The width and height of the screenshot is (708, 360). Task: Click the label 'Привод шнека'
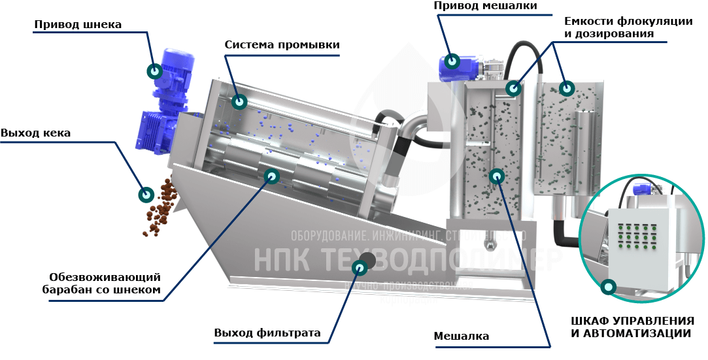pos(78,25)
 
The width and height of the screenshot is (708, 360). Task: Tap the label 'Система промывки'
pos(282,45)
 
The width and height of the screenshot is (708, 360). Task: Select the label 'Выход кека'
pos(35,133)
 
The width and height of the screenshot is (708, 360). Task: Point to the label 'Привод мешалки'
pos(486,6)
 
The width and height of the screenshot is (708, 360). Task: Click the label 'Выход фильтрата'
pos(267,333)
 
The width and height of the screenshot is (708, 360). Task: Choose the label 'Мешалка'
pos(462,336)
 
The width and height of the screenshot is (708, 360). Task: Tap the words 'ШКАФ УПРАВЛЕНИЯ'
pos(632,321)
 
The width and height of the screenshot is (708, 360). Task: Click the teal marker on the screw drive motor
pos(156,71)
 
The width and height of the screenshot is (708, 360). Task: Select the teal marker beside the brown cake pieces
pos(146,194)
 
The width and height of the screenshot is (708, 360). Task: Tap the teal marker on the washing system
pos(239,102)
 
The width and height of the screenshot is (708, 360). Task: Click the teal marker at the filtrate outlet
pos(359,267)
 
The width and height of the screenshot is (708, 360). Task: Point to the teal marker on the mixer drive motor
pos(452,61)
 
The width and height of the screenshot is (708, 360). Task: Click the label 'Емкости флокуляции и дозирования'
pos(627,27)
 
